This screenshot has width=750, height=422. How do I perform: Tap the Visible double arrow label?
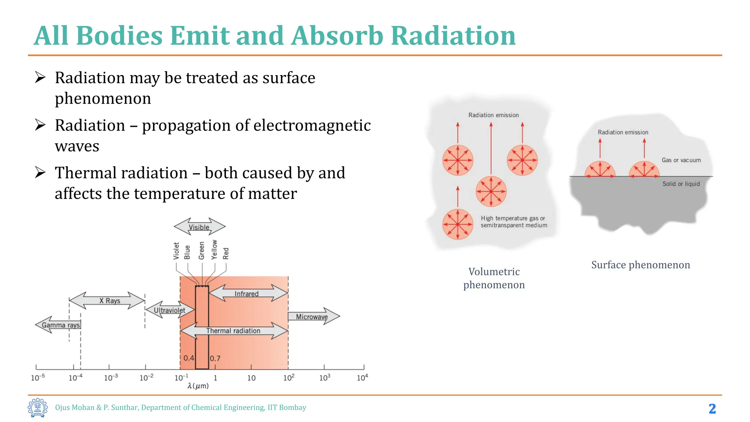click(x=199, y=227)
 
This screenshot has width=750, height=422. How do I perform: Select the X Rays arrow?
click(x=109, y=301)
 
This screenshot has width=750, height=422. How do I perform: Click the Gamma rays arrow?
click(x=60, y=325)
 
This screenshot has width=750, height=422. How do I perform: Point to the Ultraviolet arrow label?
click(x=169, y=310)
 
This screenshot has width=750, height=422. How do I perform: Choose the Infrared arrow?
click(x=246, y=294)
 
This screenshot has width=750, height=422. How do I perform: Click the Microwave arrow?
click(x=312, y=317)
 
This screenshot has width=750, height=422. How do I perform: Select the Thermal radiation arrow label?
click(x=233, y=331)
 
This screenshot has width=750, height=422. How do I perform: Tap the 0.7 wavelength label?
click(x=215, y=358)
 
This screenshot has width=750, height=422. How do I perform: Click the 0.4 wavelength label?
click(x=189, y=358)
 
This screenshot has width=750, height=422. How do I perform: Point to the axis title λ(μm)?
click(x=198, y=386)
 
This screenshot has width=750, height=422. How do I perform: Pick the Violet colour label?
click(x=176, y=251)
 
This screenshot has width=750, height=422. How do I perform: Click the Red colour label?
click(x=226, y=253)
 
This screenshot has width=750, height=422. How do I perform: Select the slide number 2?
click(x=712, y=408)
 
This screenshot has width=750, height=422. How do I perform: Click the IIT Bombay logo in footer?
click(x=38, y=408)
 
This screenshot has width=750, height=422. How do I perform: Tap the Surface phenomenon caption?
click(x=641, y=265)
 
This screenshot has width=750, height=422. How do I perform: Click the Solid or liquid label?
click(x=681, y=184)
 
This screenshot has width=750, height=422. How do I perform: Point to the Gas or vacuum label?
click(x=681, y=160)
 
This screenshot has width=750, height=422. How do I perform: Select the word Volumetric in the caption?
click(x=494, y=272)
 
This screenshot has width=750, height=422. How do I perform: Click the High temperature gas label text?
click(x=513, y=218)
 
